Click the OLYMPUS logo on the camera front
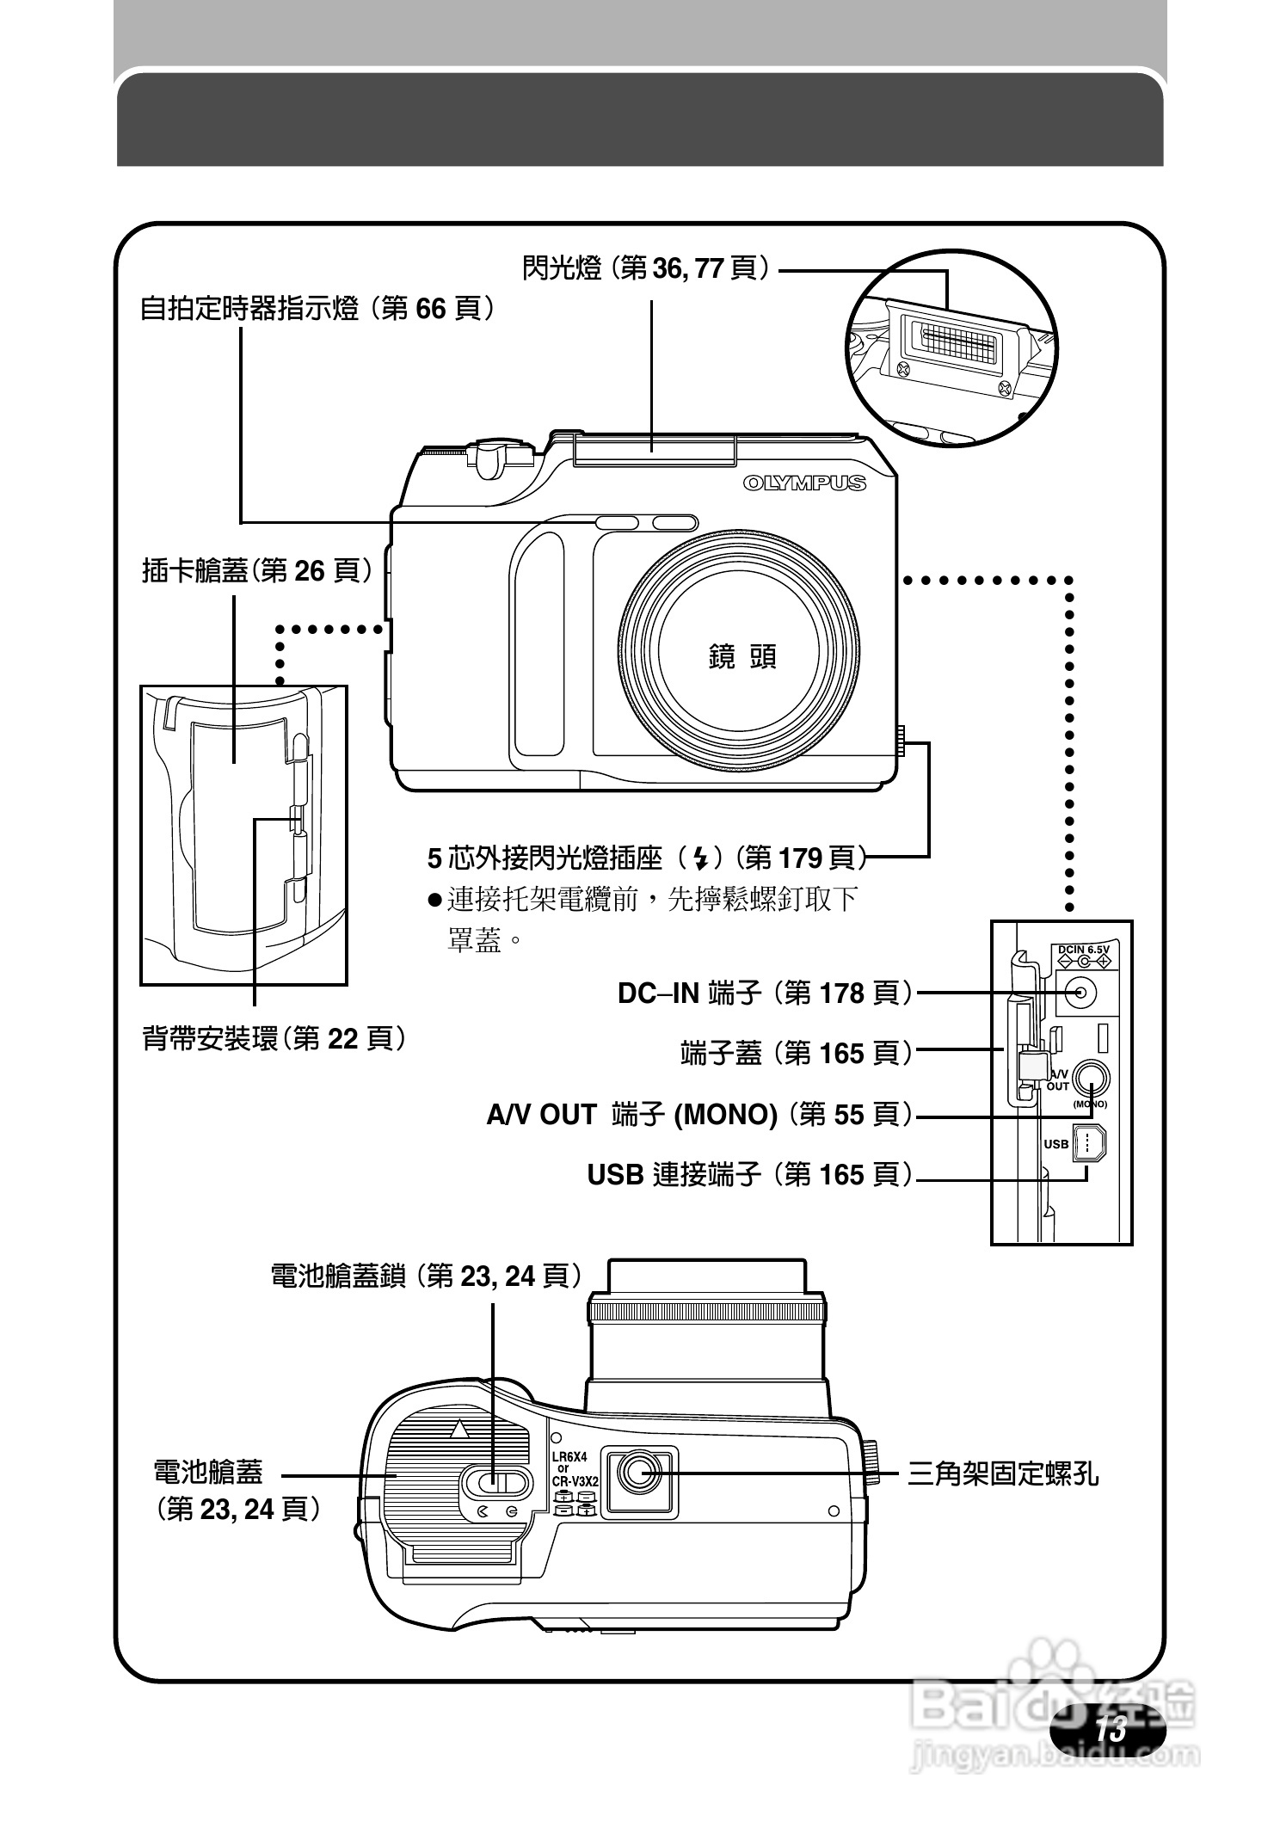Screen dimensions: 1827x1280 (804, 483)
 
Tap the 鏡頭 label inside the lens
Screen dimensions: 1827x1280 (742, 658)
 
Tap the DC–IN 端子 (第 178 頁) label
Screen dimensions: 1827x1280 (765, 993)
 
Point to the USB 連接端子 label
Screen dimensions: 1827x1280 (749, 1174)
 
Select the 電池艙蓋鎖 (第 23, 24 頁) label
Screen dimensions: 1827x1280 (426, 1276)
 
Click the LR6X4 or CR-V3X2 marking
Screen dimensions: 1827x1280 (574, 1469)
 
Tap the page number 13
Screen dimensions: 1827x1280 (1111, 1729)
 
